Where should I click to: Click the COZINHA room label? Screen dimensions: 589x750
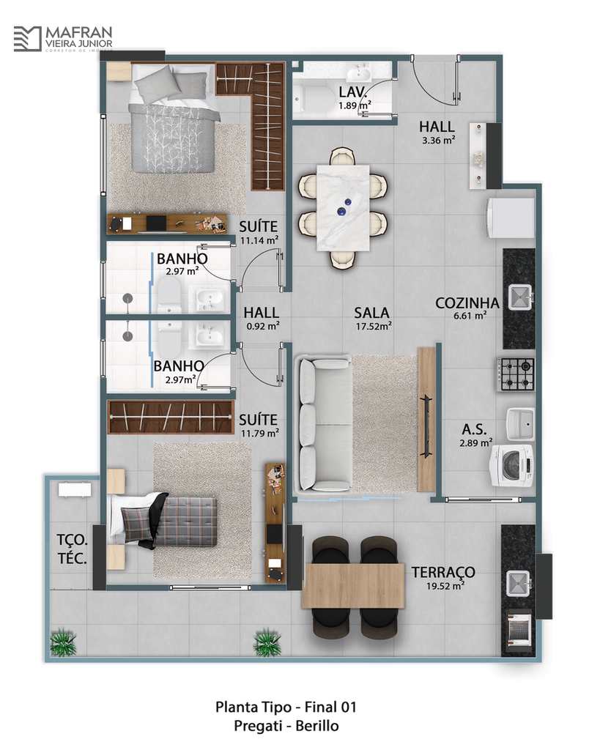tap(467, 303)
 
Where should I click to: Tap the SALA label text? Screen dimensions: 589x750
tap(371, 313)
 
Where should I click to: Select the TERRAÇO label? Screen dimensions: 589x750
tap(443, 572)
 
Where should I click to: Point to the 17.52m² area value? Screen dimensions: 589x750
tap(374, 327)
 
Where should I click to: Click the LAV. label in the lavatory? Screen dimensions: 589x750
tap(353, 92)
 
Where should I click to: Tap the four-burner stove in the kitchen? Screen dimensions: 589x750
tap(516, 375)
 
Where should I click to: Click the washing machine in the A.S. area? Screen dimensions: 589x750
tap(512, 466)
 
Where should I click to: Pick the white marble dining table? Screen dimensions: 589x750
tap(344, 207)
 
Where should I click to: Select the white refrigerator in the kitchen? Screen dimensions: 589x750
tap(510, 218)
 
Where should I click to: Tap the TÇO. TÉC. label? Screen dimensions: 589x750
tap(73, 549)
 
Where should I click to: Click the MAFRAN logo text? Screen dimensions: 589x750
tap(78, 33)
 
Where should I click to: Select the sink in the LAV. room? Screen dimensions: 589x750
tap(359, 74)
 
